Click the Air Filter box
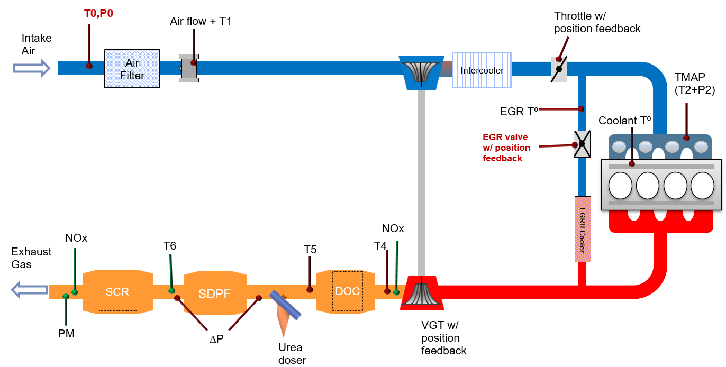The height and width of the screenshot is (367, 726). (132, 69)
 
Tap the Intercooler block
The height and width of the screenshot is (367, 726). (482, 70)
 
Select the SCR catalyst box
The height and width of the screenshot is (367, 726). (117, 292)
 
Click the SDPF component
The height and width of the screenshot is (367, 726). (215, 293)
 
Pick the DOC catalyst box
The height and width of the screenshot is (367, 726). (347, 291)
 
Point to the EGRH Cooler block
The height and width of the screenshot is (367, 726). (582, 229)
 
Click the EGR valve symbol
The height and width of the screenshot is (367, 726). (582, 143)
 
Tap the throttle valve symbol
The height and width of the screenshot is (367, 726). (559, 69)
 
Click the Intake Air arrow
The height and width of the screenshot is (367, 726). (32, 68)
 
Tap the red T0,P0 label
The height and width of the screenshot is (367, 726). (98, 13)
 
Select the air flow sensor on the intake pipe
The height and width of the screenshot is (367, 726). (189, 68)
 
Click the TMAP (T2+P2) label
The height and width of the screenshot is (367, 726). (694, 85)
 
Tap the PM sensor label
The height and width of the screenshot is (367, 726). (66, 333)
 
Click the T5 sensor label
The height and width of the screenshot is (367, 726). (310, 249)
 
